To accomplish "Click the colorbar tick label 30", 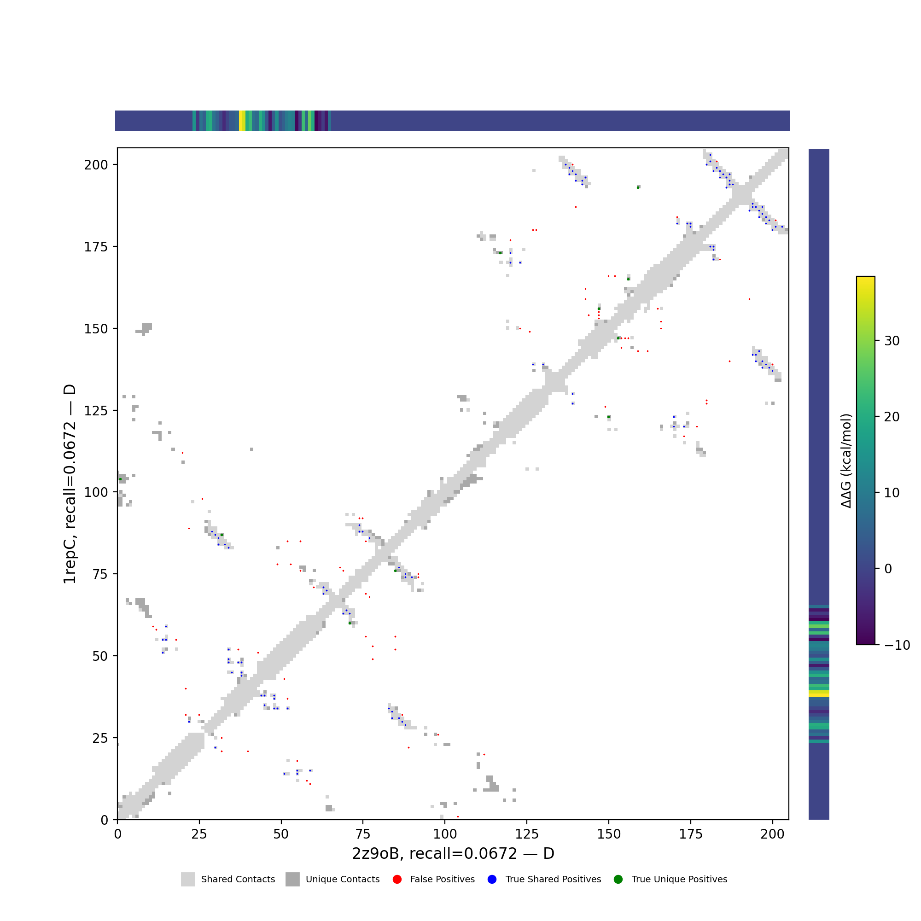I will click(x=892, y=341).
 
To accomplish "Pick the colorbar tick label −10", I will click(x=897, y=645).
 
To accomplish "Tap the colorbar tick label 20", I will click(x=892, y=417).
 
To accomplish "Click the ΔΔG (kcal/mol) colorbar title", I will click(x=846, y=461).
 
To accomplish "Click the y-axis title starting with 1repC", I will click(x=70, y=484).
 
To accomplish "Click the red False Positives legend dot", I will click(x=397, y=880).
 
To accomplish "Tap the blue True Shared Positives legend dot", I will click(x=492, y=880).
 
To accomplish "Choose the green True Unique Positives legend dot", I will click(x=618, y=880).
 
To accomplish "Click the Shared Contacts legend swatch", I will click(x=188, y=880).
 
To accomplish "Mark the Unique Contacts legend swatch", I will click(x=293, y=880).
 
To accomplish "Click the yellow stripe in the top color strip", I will click(x=242, y=121).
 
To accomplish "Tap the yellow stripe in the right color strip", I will click(x=818, y=694).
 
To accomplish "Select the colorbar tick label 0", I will click(x=888, y=569).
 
